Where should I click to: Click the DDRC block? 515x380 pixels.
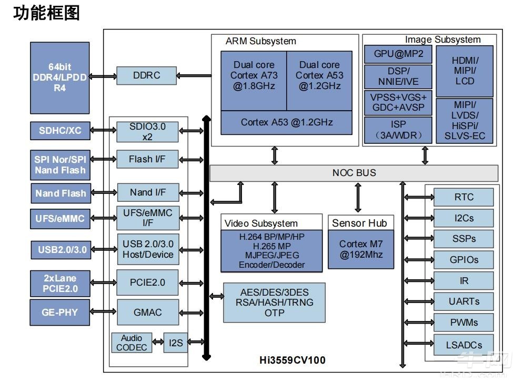click(147, 75)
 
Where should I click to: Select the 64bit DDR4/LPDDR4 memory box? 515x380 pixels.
click(59, 77)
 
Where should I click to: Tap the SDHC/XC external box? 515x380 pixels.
click(60, 130)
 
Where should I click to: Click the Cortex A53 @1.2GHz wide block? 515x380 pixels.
click(287, 122)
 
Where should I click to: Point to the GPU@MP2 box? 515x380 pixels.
click(398, 54)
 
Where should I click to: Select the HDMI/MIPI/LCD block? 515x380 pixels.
click(464, 71)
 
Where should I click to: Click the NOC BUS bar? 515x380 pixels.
click(354, 173)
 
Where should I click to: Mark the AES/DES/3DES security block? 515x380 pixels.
click(274, 303)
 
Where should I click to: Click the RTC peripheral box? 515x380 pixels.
click(463, 197)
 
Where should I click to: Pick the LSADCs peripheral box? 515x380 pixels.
click(463, 345)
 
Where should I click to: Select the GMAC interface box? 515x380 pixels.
click(147, 312)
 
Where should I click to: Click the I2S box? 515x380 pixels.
click(175, 343)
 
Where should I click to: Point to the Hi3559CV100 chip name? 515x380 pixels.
click(292, 360)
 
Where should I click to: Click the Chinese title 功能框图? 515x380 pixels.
click(46, 13)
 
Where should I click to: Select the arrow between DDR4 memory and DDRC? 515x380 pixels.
click(103, 76)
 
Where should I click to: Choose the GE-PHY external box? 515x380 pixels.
click(59, 312)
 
